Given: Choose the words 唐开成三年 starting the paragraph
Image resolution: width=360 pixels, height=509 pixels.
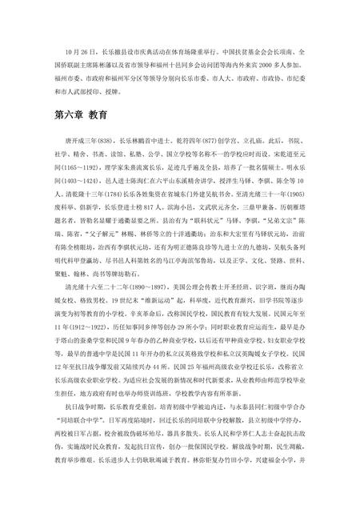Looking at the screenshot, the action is point(72,139).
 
